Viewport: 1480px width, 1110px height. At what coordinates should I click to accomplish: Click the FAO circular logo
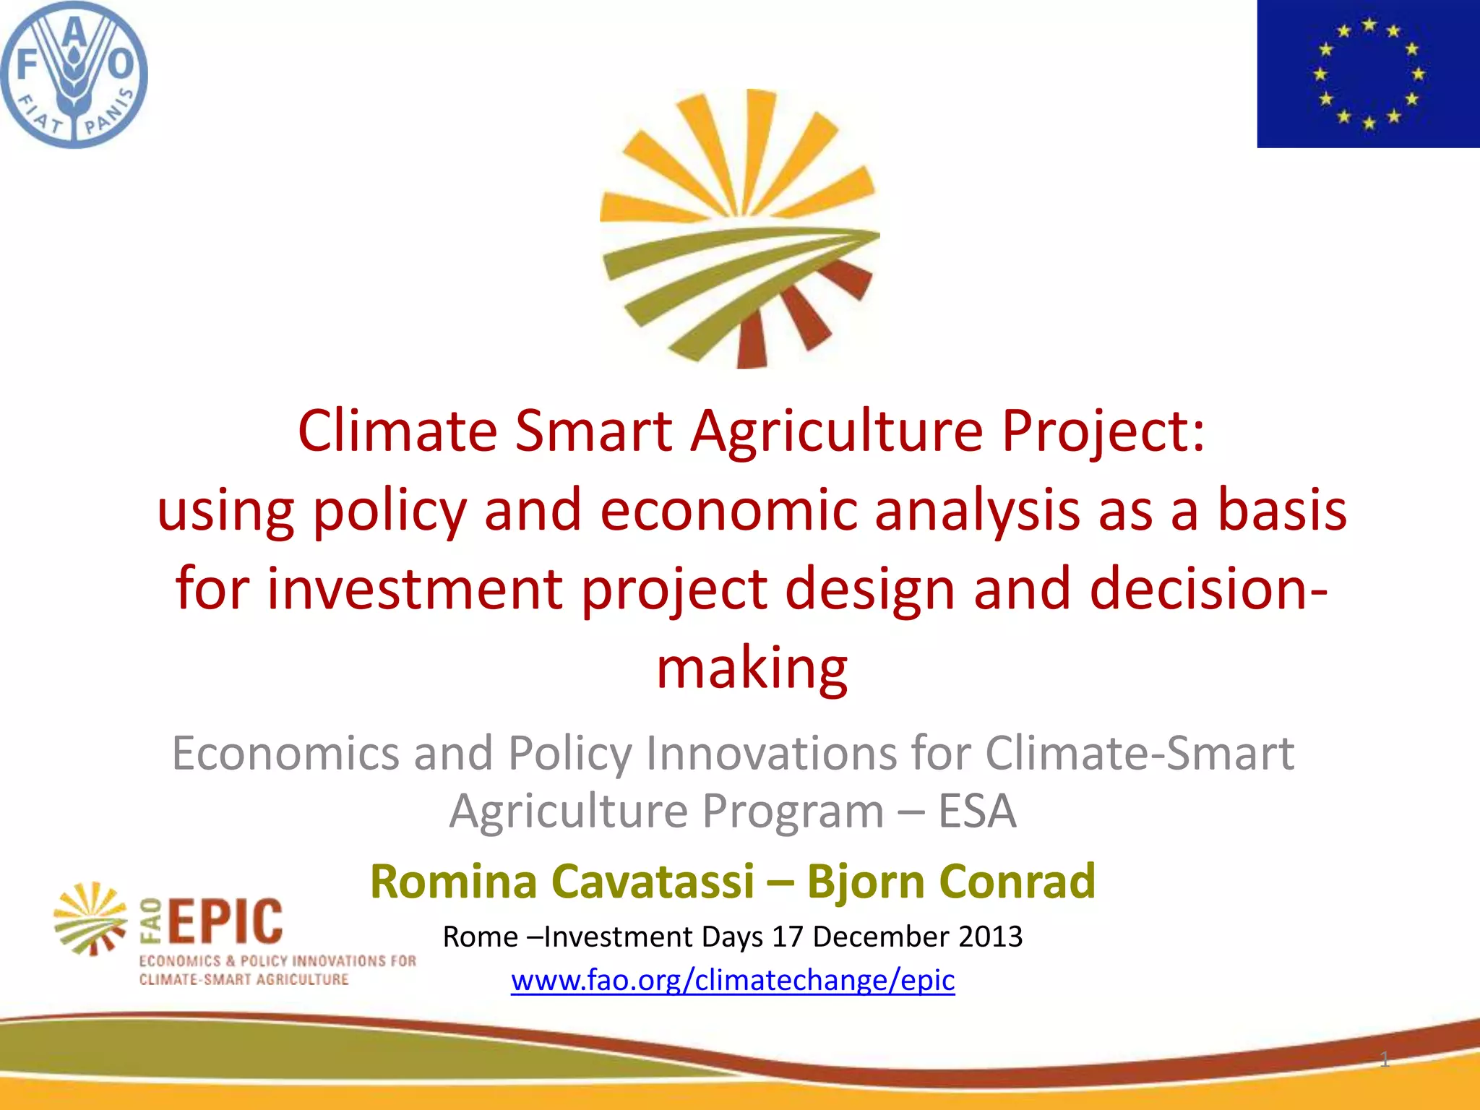(74, 74)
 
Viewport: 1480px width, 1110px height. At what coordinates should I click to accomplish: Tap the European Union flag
(1368, 74)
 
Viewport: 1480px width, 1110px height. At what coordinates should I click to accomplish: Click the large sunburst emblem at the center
(739, 229)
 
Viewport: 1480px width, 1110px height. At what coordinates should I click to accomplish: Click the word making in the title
(752, 668)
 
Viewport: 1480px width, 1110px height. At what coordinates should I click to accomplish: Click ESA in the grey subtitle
(977, 811)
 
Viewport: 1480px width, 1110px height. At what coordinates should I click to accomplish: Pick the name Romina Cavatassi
(562, 882)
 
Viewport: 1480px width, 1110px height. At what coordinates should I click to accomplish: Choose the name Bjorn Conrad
(951, 882)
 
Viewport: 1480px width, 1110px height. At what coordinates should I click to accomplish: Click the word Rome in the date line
(480, 937)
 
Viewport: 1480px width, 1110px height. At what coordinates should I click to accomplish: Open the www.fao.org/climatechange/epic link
(733, 981)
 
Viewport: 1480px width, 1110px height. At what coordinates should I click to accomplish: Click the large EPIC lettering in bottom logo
(225, 922)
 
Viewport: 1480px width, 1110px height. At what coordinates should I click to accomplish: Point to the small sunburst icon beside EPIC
(91, 918)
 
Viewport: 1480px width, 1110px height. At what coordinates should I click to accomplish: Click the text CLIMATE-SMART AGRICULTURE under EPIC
(244, 980)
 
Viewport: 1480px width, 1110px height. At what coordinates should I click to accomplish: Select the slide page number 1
(1384, 1060)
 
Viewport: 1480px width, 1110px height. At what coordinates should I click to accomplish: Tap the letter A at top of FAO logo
(75, 27)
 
